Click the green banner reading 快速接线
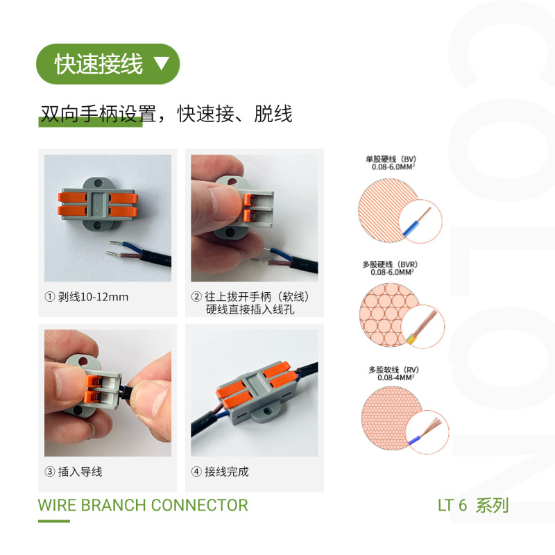(108, 64)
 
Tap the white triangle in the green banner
(162, 63)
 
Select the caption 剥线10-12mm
(93, 297)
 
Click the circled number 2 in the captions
(196, 296)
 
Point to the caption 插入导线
(80, 472)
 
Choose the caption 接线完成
(227, 472)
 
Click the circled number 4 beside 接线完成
(196, 472)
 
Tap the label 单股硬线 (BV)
(391, 160)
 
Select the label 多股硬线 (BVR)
(390, 264)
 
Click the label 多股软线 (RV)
(393, 370)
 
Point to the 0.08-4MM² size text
(395, 377)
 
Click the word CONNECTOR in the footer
(200, 505)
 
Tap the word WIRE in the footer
(57, 505)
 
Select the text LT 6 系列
(473, 505)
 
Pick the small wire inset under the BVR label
(423, 327)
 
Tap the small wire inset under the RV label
(427, 432)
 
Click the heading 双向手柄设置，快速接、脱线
(166, 114)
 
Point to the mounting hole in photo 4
(268, 411)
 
